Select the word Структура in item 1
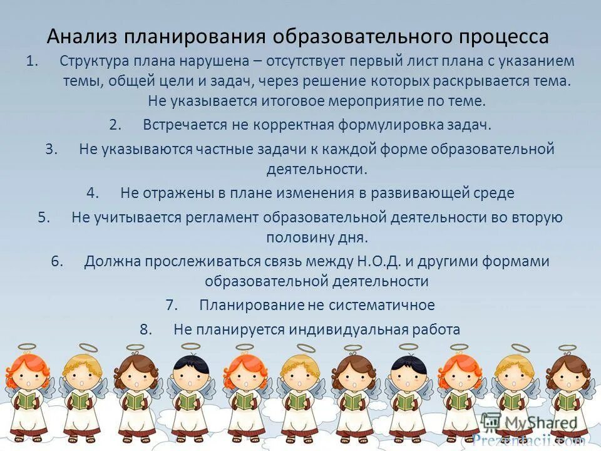(95, 61)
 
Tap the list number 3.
(51, 149)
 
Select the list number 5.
(44, 217)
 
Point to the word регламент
(222, 217)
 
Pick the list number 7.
(172, 305)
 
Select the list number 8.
(146, 329)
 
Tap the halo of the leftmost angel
(27, 346)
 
